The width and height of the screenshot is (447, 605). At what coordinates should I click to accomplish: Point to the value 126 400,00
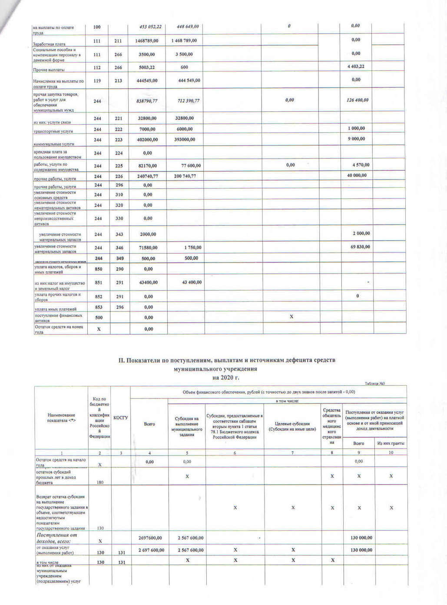[x=358, y=100]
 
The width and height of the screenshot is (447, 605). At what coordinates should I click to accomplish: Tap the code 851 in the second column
[x=99, y=283]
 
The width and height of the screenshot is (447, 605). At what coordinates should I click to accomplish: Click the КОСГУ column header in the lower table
[x=120, y=418]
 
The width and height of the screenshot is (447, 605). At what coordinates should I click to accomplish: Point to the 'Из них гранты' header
[x=391, y=443]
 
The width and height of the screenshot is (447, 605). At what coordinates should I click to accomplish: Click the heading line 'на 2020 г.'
[x=226, y=377]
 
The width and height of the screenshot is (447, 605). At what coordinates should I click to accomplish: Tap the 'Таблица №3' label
[x=375, y=383]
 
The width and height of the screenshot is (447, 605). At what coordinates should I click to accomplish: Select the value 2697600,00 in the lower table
[x=150, y=538]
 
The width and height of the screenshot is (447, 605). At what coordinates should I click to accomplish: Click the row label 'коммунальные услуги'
[x=54, y=144]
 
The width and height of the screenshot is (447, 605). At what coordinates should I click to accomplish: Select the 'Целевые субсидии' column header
[x=292, y=426]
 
